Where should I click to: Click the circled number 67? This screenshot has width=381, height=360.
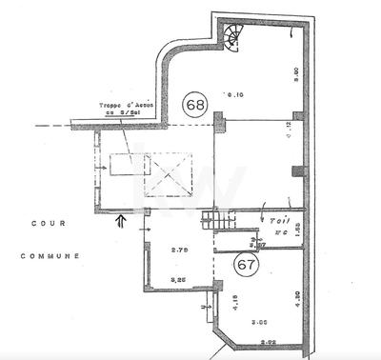[245, 265]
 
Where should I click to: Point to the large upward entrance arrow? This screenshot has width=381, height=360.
[119, 222]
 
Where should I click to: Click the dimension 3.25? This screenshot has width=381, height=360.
[176, 279]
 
